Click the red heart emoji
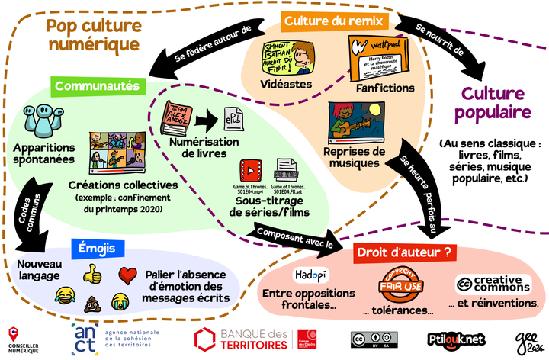pos(127,273)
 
